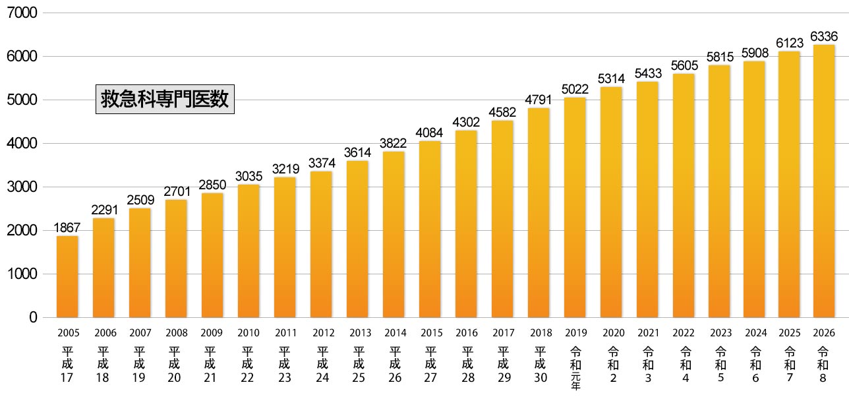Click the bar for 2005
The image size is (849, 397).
coord(68,277)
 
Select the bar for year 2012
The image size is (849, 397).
coord(321,244)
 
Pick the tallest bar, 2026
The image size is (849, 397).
coord(824,181)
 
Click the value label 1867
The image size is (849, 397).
coord(68,228)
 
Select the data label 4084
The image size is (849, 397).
coord(430,133)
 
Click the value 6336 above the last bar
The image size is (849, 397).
coord(824,36)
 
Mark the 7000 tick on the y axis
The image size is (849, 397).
coord(22,13)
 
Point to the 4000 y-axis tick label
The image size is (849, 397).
coord(22,144)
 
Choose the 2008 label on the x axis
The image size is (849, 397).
coord(177,333)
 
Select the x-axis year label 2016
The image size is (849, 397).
coord(467,333)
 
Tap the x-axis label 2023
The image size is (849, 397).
coord(720,333)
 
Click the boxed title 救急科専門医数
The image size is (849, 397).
coord(165,100)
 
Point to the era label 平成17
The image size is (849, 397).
coord(68,364)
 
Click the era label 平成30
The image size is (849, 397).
coord(539,364)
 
